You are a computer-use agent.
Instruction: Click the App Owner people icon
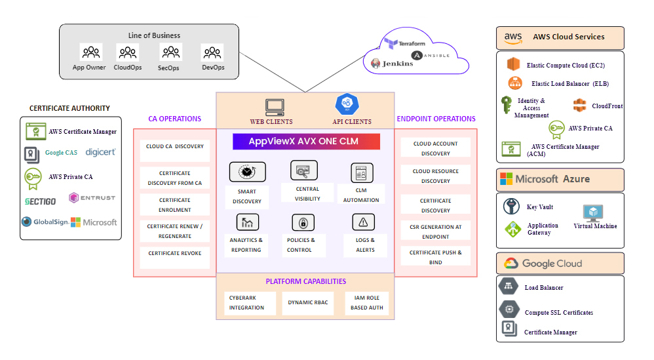91,52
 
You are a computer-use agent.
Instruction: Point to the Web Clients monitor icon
274,106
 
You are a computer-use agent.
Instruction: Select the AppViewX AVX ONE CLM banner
305,141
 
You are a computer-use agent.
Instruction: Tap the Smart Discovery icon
247,172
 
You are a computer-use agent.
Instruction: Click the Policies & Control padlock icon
303,222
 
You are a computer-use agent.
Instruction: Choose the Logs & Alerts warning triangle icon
362,222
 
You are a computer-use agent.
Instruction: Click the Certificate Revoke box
174,253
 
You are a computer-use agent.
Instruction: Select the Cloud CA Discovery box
174,147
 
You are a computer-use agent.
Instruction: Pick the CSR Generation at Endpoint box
435,231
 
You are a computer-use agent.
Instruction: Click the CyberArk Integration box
247,302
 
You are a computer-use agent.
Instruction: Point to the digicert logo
100,152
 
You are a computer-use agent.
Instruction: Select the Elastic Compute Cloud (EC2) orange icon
512,65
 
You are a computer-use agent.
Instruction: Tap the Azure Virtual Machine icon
594,212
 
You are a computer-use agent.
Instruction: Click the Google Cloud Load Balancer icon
509,287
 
